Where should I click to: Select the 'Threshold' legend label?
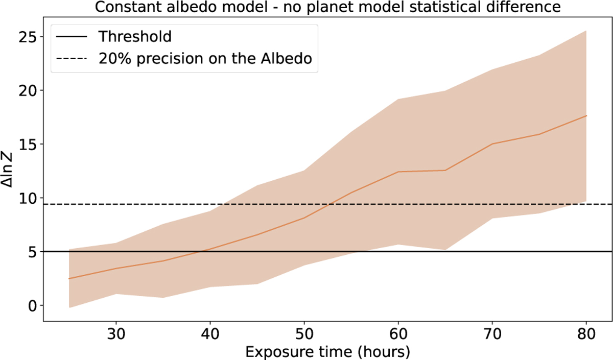(x=135, y=37)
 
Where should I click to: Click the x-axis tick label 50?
(x=304, y=334)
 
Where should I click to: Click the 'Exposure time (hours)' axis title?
(x=327, y=352)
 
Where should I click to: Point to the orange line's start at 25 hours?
(x=69, y=279)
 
